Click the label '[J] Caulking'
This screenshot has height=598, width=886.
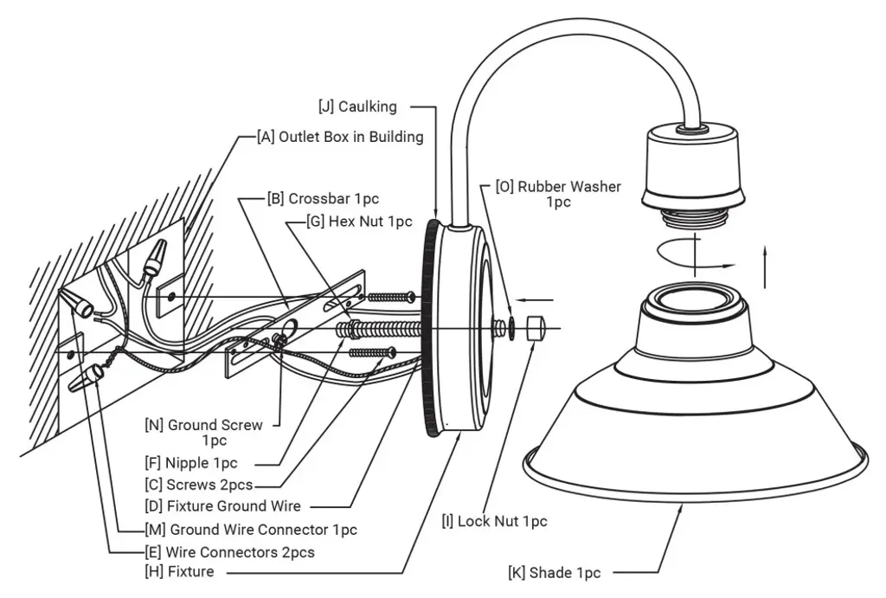(357, 106)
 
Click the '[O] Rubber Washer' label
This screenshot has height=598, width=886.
(558, 186)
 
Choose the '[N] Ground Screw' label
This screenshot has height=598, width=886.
(214, 425)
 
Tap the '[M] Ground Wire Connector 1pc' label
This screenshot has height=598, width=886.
(251, 530)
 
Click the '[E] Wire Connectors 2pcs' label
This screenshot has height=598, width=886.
(229, 551)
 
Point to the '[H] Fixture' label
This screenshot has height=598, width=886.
(179, 571)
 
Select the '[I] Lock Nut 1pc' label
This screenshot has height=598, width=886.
(494, 521)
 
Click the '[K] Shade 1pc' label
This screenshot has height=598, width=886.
(555, 572)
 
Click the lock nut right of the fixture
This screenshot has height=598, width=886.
(534, 329)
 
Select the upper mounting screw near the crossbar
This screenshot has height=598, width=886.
(393, 297)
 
